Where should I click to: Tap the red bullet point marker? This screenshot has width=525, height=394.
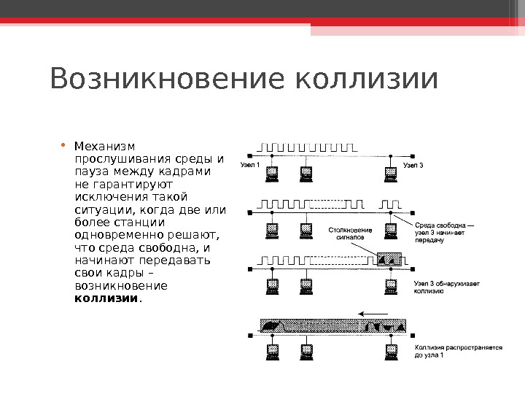point(66,144)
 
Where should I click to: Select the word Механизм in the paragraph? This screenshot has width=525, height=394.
point(105,146)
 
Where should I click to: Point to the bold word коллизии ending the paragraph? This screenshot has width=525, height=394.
point(106,298)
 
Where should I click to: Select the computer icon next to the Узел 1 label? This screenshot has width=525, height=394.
point(273,173)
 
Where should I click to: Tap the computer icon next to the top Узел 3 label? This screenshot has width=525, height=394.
point(392,173)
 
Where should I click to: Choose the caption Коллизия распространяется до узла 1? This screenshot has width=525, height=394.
point(458,352)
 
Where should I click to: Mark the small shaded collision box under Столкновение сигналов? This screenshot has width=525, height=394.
point(389,258)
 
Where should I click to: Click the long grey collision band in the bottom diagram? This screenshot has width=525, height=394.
point(332,326)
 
